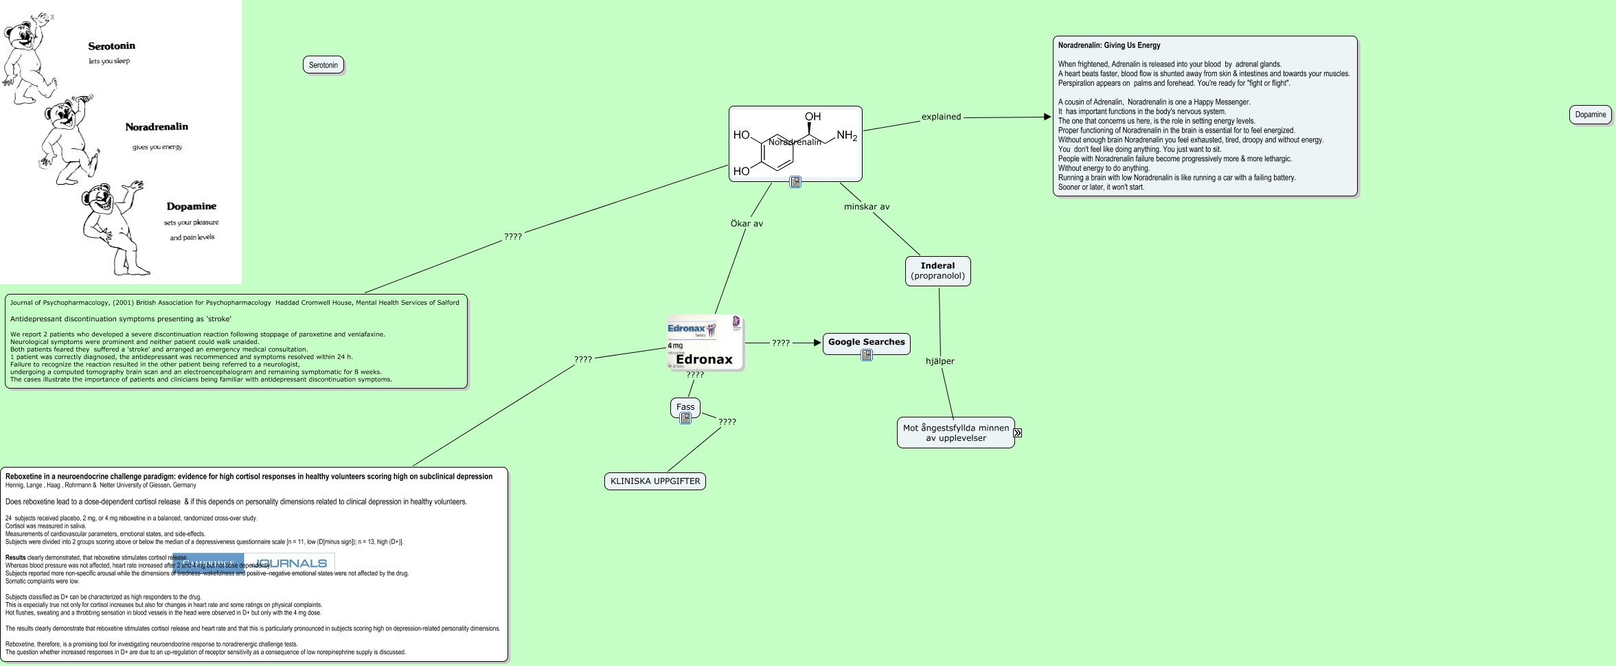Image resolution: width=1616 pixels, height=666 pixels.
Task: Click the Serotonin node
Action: tap(323, 65)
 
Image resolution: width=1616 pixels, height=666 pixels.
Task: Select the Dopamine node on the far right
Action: tap(1590, 115)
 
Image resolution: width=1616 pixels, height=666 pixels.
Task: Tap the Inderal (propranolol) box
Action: tap(937, 271)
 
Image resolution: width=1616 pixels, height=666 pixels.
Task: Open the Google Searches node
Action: tap(866, 342)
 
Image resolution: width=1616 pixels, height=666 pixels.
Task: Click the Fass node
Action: tap(685, 406)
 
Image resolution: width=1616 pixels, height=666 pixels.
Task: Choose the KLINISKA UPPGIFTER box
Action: tap(655, 481)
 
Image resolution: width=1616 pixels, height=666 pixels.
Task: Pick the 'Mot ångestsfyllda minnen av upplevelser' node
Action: tap(955, 433)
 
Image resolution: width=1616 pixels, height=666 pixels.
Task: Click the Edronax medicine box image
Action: tap(705, 343)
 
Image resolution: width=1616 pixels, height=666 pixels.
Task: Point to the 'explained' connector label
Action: tap(941, 117)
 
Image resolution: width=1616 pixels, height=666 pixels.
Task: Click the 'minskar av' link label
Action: tap(866, 207)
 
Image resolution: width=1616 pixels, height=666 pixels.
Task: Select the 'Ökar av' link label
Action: tap(747, 224)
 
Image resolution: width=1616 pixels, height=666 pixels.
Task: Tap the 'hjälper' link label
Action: tap(940, 361)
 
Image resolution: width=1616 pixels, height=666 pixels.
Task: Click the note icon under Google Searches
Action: tap(867, 355)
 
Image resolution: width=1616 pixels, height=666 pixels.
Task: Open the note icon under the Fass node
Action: tap(685, 418)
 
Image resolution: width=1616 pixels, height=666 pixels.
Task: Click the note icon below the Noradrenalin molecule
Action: tap(795, 182)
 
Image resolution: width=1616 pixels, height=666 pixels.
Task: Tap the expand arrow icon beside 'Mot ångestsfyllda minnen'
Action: tap(1018, 433)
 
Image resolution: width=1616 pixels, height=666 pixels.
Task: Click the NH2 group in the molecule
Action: tap(846, 135)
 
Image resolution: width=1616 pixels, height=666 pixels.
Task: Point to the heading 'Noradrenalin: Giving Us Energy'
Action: tap(1108, 45)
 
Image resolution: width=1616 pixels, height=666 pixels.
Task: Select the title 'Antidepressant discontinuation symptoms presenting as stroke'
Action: tap(121, 319)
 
